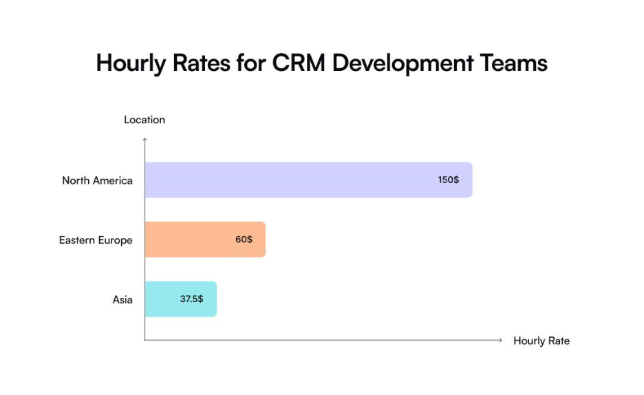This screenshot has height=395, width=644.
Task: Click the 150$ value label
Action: (x=449, y=180)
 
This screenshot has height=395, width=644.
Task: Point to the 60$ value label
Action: (x=244, y=239)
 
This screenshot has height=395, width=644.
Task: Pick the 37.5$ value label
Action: (x=191, y=299)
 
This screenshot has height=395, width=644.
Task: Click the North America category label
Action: (x=97, y=180)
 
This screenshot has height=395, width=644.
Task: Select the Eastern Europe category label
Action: (x=96, y=240)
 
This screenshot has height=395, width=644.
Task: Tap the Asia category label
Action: (x=122, y=300)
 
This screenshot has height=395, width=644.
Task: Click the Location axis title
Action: (x=144, y=120)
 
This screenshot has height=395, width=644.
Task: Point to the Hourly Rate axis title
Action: (x=541, y=341)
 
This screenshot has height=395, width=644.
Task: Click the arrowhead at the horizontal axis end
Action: (x=500, y=340)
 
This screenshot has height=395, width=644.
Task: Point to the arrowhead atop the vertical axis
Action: (x=144, y=140)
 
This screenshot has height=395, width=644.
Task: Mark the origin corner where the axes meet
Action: (x=144, y=340)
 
